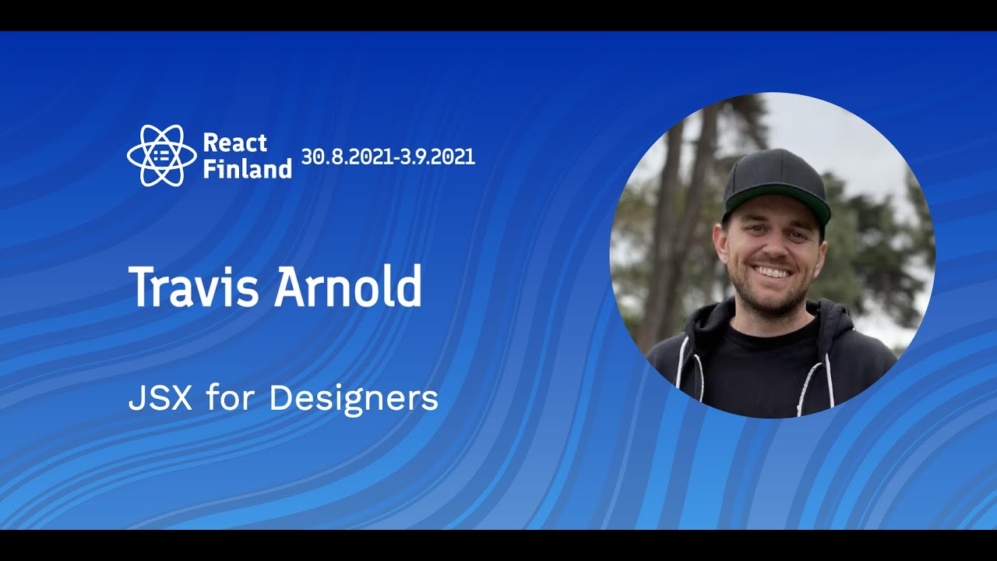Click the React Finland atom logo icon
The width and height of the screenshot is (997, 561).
pos(161,156)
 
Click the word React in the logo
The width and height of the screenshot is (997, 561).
pos(234,143)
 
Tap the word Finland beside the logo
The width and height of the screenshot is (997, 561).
pos(247,168)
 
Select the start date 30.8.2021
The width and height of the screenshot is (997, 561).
pos(347,157)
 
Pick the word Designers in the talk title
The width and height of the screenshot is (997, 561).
pos(354,400)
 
